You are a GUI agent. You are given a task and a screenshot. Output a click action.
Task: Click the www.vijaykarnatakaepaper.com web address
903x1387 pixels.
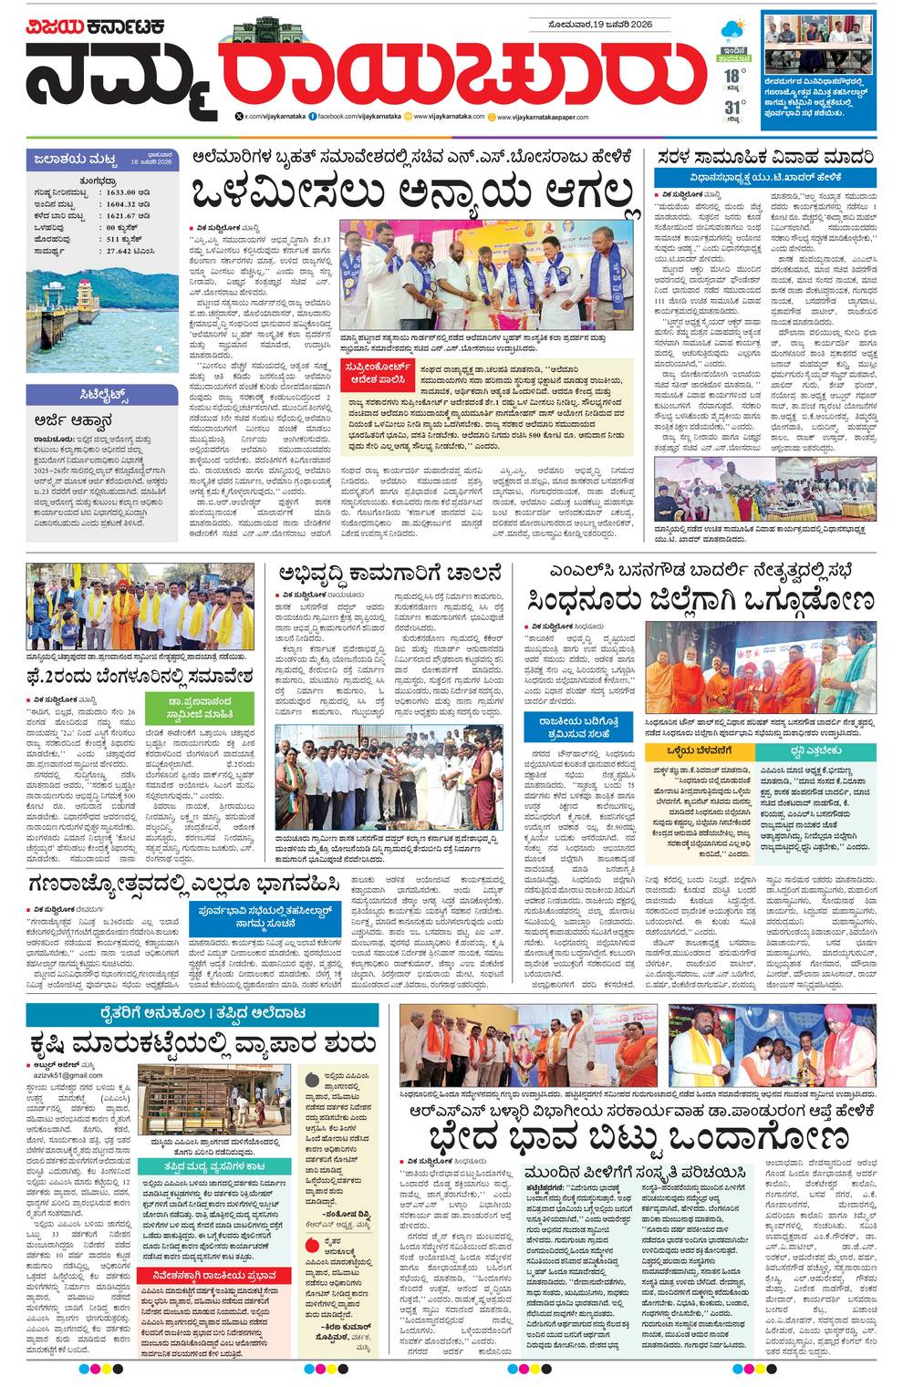pyautogui.click(x=545, y=117)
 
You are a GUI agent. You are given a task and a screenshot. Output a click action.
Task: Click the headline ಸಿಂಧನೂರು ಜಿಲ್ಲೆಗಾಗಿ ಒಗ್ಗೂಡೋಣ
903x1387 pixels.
pyautogui.click(x=700, y=602)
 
